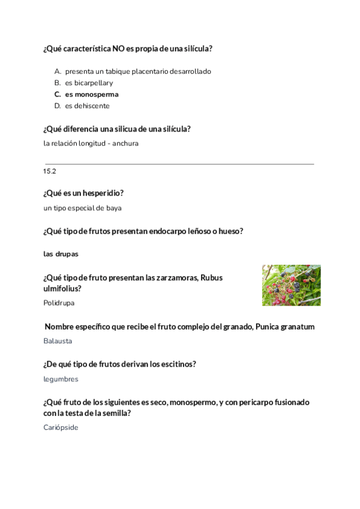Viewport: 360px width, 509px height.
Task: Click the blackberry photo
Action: point(291,285)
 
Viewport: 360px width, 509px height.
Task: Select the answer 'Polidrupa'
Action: point(59,303)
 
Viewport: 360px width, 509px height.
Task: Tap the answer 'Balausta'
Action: point(58,341)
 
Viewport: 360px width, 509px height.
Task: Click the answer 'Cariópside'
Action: point(61,427)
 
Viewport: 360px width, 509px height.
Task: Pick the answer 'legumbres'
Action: point(61,379)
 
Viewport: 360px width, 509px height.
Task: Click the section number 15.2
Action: point(49,172)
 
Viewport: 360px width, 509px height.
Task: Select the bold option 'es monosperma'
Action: point(92,94)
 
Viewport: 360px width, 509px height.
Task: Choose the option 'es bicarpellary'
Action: point(89,83)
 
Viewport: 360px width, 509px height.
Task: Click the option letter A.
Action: point(58,71)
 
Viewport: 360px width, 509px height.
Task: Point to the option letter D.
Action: point(58,106)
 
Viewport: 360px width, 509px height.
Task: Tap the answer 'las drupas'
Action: point(61,254)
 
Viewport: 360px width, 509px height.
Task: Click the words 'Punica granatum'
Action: point(285,327)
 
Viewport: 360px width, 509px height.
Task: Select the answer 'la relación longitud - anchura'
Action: point(91,143)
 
